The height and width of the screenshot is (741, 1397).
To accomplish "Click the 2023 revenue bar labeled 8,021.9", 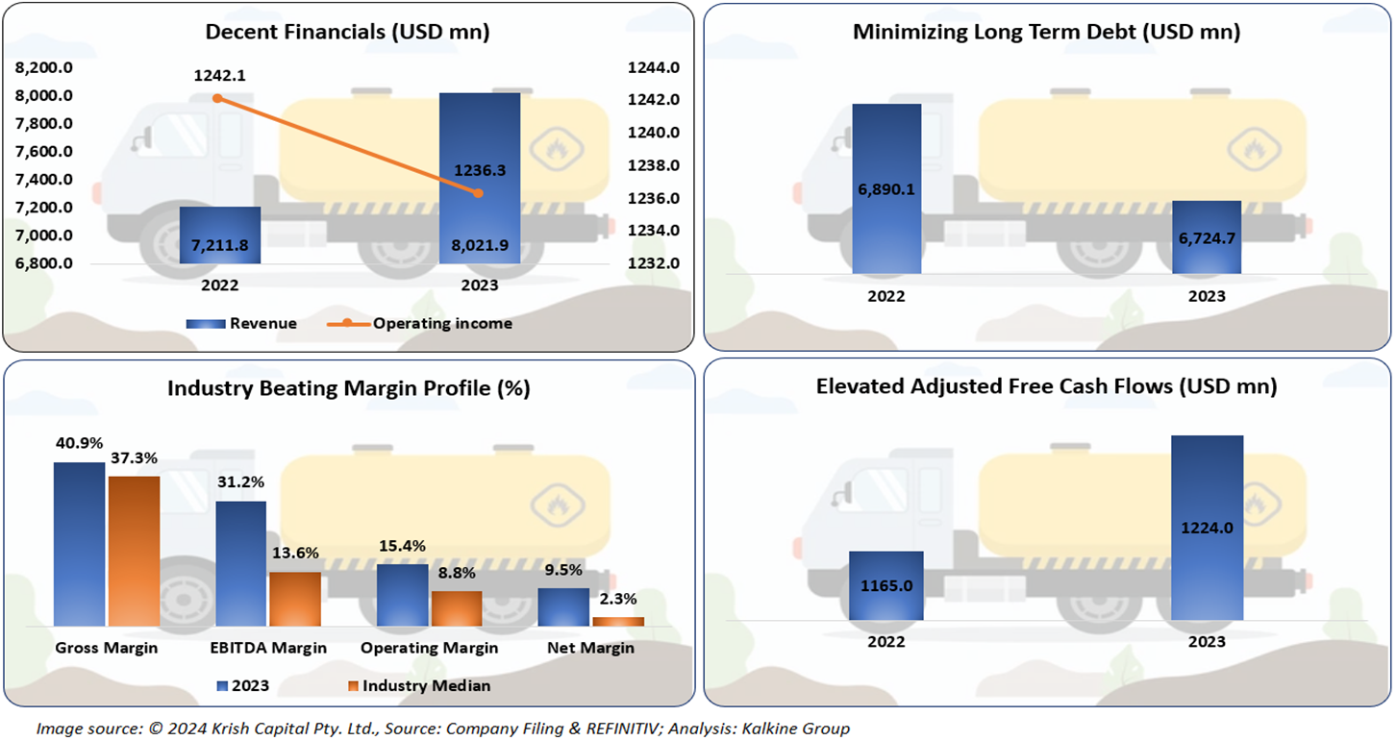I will tap(480, 178).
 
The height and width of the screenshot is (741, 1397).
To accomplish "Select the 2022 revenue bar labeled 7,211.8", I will tap(220, 235).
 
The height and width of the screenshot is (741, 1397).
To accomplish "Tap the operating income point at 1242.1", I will tap(217, 98).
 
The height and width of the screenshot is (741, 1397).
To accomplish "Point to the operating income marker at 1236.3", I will tap(479, 193).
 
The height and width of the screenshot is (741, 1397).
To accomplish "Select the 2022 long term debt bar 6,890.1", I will tap(886, 189).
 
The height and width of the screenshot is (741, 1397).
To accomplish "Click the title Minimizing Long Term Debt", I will tap(1046, 32).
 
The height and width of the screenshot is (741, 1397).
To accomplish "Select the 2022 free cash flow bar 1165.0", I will tap(886, 585).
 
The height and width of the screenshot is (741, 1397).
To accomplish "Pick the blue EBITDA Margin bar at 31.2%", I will tap(241, 563).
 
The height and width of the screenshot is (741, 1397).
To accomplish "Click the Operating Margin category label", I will tap(429, 648).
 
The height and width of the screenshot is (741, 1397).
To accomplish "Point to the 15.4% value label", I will tap(401, 545).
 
